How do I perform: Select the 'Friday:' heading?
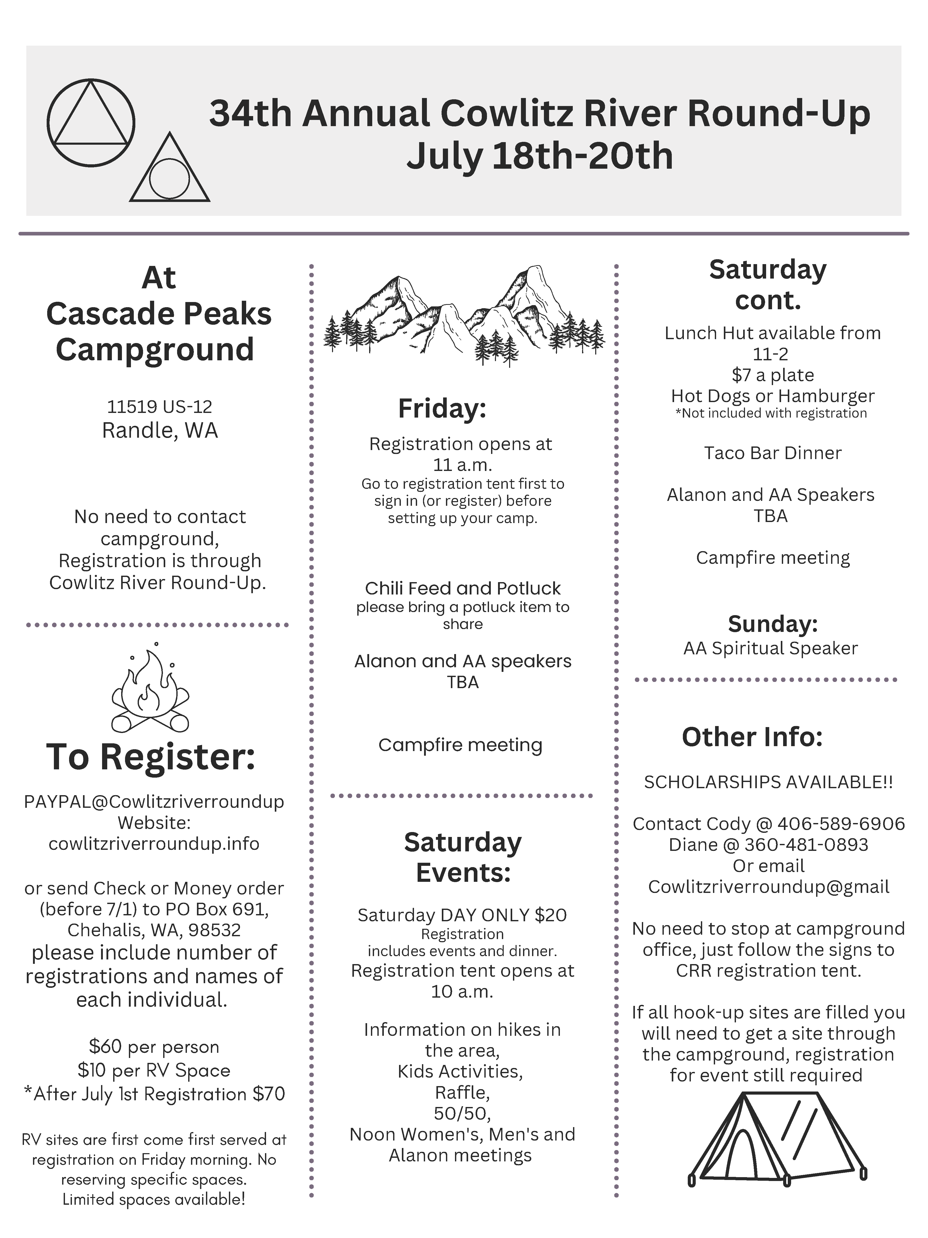[442, 409]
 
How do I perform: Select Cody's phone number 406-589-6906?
[841, 824]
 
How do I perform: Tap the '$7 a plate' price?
[773, 375]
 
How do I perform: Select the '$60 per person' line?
[154, 1047]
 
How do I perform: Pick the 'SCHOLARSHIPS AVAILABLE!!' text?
[768, 782]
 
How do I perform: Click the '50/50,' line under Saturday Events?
[462, 1113]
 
